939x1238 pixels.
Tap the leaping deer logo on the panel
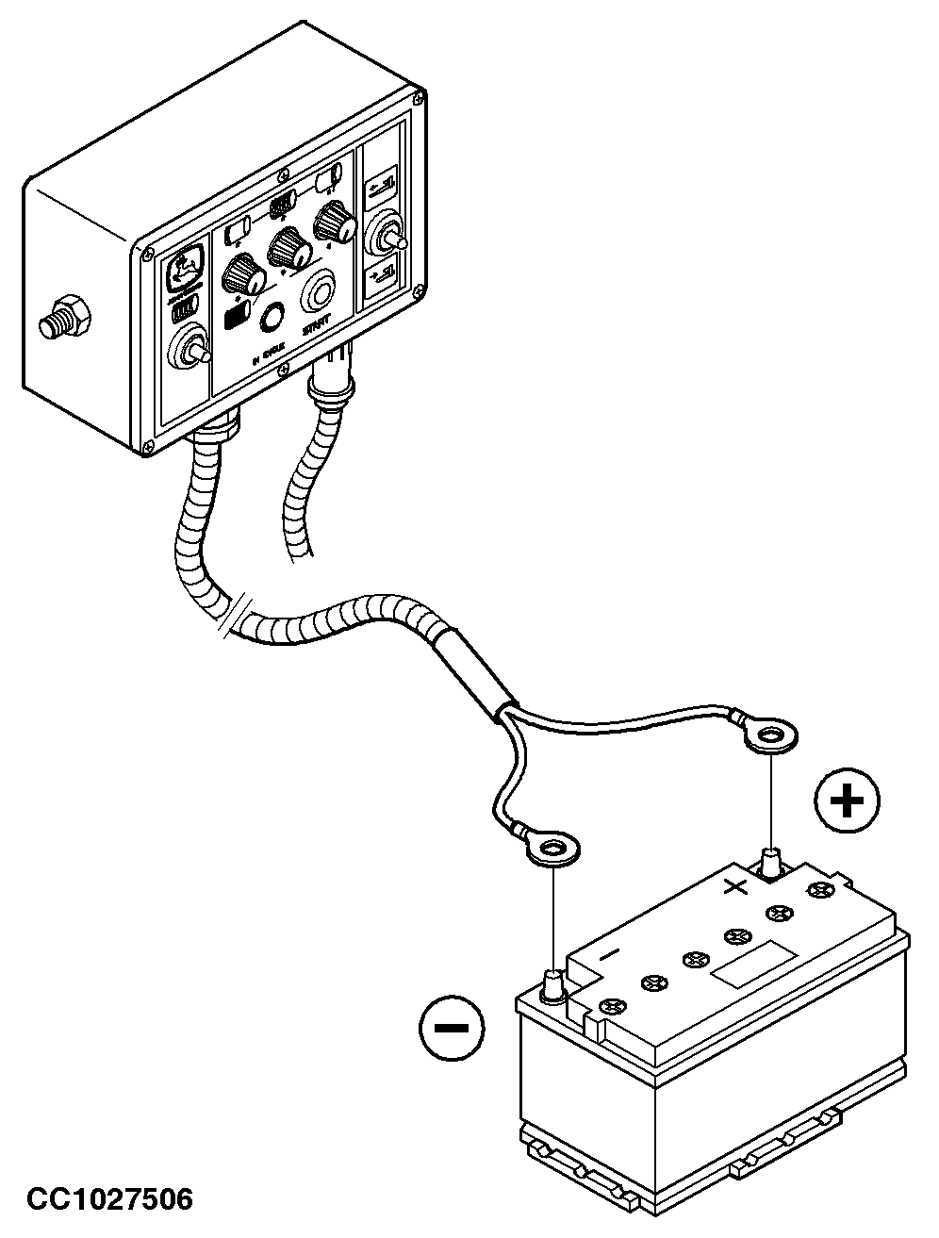tap(184, 268)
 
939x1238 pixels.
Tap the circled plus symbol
tap(847, 801)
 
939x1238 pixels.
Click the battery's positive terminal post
tap(772, 862)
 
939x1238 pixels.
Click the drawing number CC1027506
tap(110, 1198)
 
